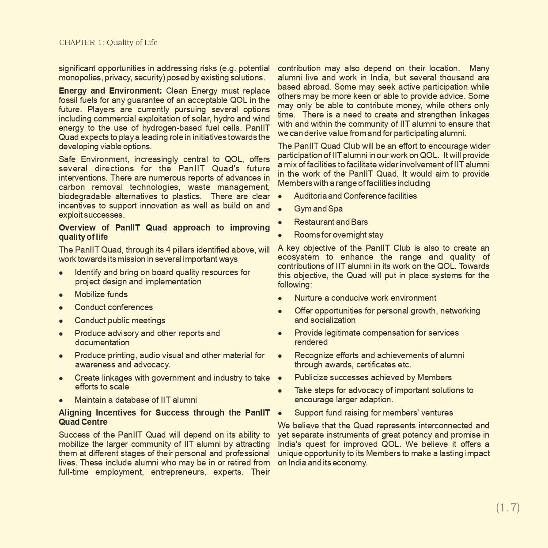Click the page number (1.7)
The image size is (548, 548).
click(508, 508)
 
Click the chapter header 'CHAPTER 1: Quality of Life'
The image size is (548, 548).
click(108, 42)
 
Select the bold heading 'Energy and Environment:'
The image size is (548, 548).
click(110, 91)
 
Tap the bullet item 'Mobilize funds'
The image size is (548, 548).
click(101, 295)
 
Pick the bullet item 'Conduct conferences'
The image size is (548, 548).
click(113, 307)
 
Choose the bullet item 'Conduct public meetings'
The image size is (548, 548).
click(120, 321)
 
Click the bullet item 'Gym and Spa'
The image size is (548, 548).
click(318, 209)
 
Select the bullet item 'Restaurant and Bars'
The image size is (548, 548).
click(331, 222)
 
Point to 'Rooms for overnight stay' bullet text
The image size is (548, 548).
click(339, 235)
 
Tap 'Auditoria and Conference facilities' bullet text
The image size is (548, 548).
click(355, 196)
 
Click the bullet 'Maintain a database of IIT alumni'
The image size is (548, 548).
click(136, 400)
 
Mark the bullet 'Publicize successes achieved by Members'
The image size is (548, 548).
click(373, 378)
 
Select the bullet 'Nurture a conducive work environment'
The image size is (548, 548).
click(365, 298)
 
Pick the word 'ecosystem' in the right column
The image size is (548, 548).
click(297, 257)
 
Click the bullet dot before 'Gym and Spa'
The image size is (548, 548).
click(280, 209)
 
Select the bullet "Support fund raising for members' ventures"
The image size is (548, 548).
click(374, 413)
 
